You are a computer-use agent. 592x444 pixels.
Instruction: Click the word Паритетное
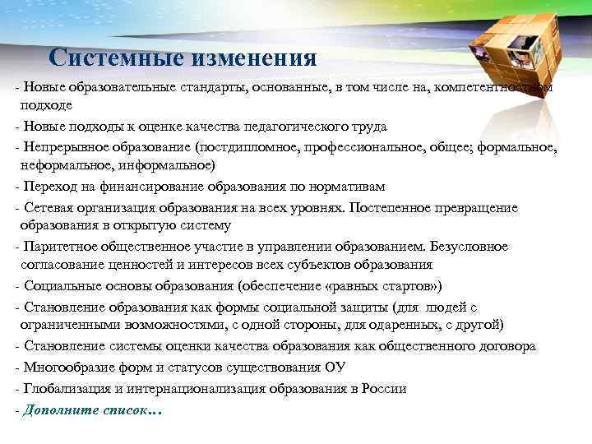click(56, 247)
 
